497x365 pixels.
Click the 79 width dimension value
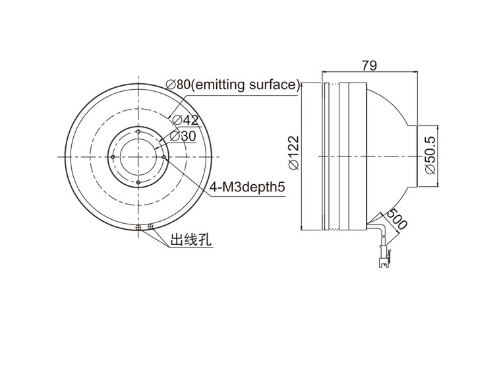pos(369,66)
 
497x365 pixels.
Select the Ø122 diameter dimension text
pos(294,153)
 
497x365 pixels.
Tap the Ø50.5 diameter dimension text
pos(430,156)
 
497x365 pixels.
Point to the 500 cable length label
pos(397,219)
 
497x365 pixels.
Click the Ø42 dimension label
pos(185,120)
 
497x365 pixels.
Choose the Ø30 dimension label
pos(183,136)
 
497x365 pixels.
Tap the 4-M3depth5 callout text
pos(247,187)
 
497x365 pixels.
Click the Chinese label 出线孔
pos(190,240)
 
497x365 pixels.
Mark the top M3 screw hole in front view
pos(138,131)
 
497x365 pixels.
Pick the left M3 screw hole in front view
pos(113,157)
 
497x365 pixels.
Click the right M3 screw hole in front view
pos(163,157)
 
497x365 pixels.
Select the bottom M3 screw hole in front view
pos(138,182)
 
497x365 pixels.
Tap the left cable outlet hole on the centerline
pos(138,227)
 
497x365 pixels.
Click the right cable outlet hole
pos(150,226)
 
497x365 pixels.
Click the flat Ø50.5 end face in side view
pos(417,156)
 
